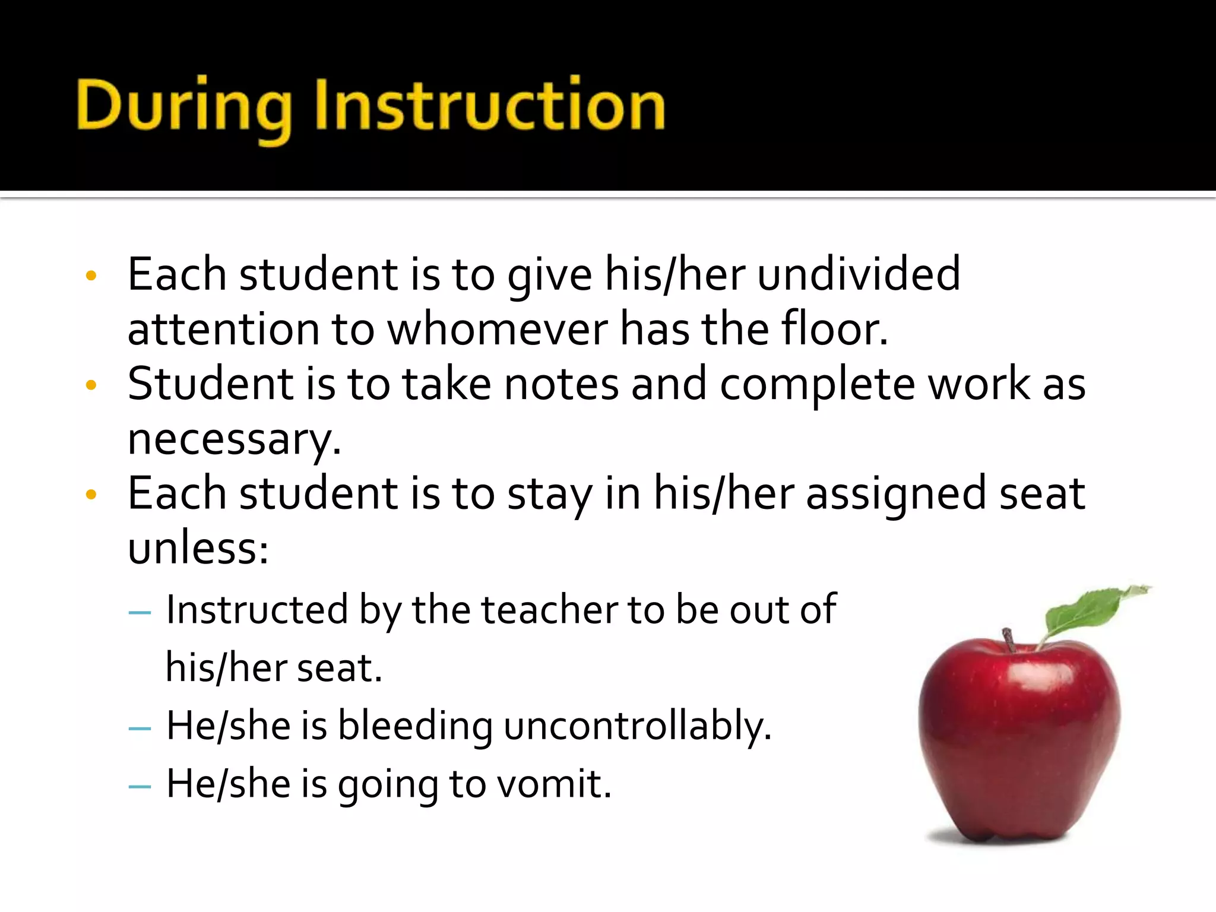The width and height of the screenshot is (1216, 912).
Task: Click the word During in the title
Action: [184, 107]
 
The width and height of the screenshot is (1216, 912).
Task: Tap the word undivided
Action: [859, 274]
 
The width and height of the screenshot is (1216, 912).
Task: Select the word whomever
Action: [498, 330]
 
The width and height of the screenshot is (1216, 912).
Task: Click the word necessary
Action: [234, 440]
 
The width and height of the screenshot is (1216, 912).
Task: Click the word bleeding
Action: [415, 726]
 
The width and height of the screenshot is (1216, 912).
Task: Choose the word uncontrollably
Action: [637, 726]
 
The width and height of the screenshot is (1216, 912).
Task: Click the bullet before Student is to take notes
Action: [91, 385]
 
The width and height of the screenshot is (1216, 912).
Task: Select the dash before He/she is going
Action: [140, 786]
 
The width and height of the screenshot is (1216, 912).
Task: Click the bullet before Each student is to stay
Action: [91, 495]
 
